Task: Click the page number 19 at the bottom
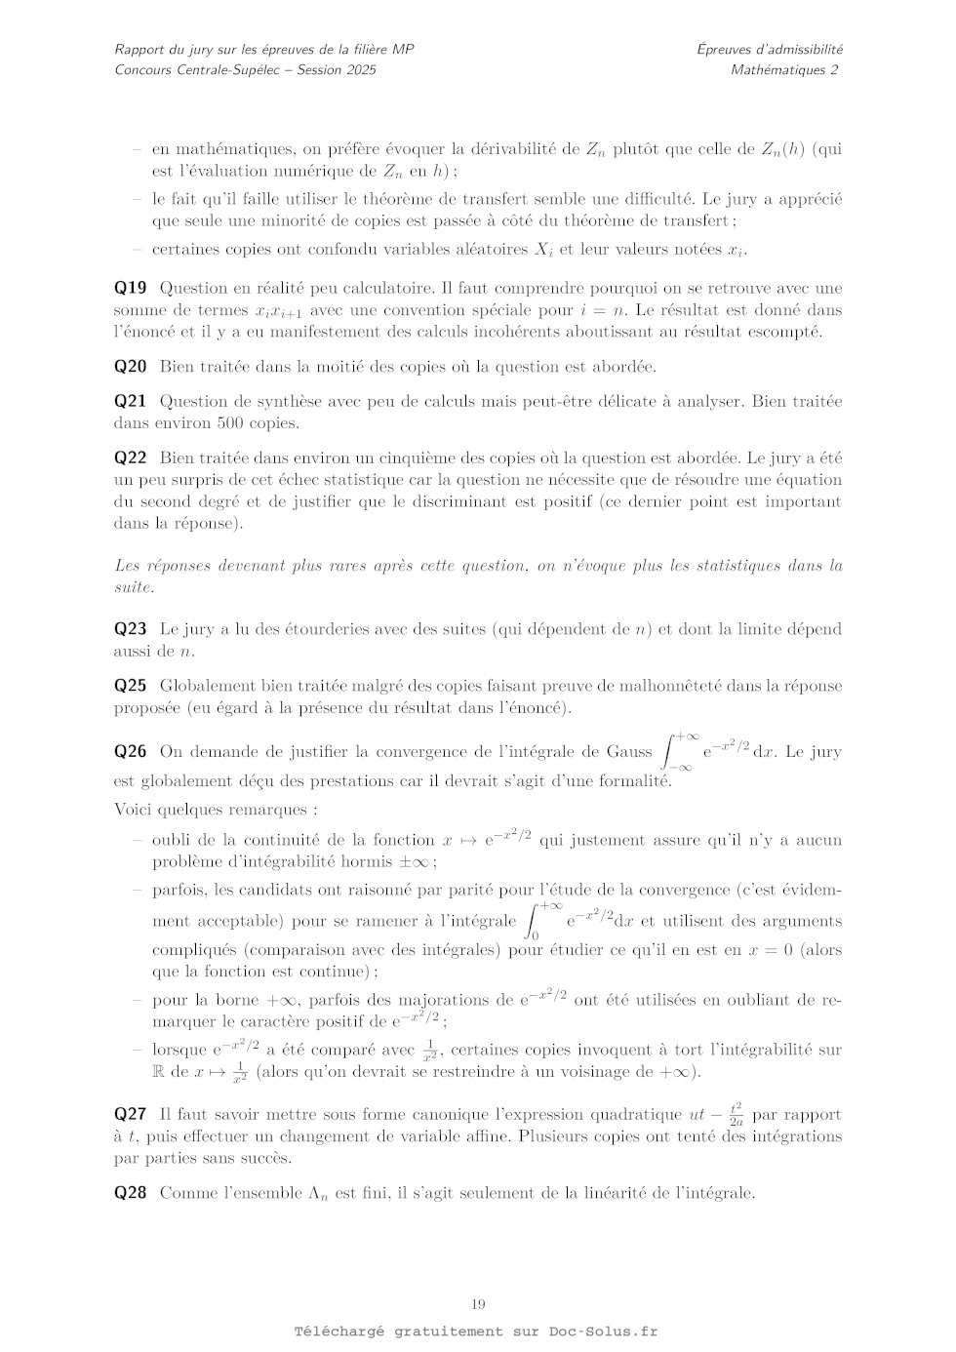[478, 1304]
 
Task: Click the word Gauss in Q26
[629, 751]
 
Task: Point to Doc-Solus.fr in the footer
[603, 1332]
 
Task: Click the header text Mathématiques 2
[783, 69]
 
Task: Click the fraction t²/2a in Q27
[736, 1114]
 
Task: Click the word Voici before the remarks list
[134, 810]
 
